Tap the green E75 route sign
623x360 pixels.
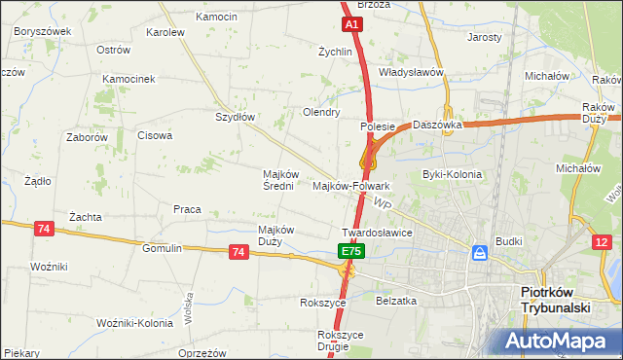(x=351, y=252)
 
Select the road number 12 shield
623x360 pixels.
(x=604, y=242)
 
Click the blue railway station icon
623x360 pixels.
(x=480, y=253)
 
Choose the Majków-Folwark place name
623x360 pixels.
(x=350, y=186)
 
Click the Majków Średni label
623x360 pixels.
(x=273, y=180)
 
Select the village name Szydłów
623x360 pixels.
(x=235, y=117)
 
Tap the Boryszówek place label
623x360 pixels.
(x=43, y=31)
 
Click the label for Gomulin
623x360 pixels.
(x=162, y=248)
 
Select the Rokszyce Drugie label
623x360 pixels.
(x=340, y=341)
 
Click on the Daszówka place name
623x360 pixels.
(x=435, y=125)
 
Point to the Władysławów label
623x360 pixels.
(x=411, y=72)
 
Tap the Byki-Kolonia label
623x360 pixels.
(x=452, y=174)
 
